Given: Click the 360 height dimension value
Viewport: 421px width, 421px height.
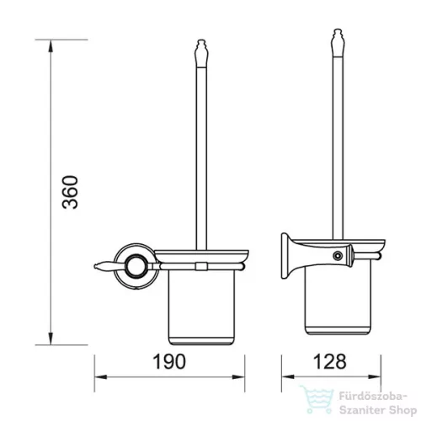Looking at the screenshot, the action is click(70, 192).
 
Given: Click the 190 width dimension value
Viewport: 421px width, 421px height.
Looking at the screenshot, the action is click(169, 361).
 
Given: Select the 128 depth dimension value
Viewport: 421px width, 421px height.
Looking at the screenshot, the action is click(329, 361).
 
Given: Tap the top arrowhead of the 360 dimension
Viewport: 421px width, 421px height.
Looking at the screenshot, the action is click(51, 45).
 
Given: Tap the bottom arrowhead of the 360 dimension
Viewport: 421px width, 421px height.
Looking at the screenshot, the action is click(51, 338).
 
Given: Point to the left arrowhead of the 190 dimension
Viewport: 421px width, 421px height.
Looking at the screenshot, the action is click(100, 376).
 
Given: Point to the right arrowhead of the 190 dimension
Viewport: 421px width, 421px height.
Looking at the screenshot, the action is click(238, 376).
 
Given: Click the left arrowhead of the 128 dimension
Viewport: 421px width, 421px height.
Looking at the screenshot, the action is click(288, 376).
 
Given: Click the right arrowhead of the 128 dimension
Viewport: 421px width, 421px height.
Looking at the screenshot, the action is click(375, 376).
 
